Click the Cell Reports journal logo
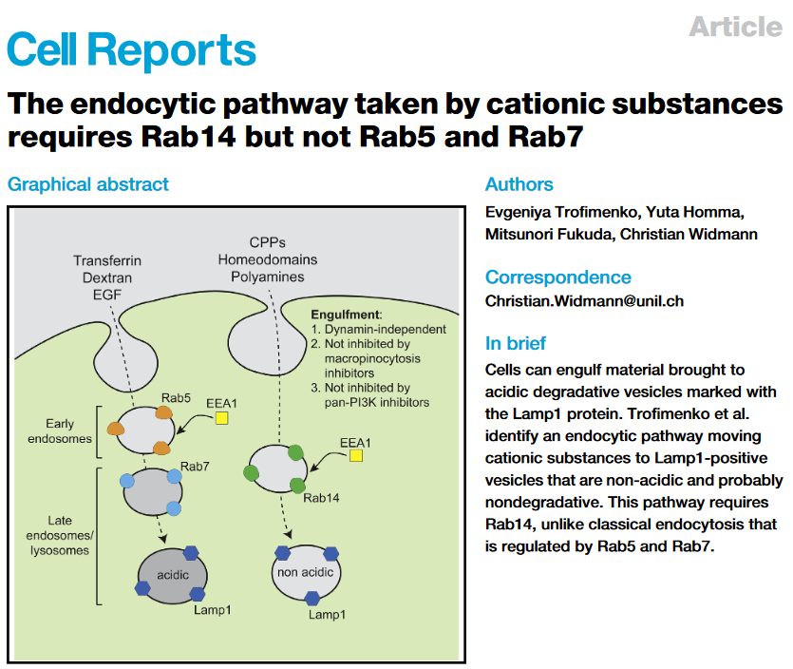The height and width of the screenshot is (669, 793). [131, 49]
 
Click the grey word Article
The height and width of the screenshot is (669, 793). [735, 27]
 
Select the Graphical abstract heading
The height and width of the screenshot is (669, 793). [88, 184]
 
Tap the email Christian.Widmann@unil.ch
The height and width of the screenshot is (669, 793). [584, 301]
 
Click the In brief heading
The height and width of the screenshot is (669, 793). [516, 343]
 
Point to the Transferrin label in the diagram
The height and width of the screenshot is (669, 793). [107, 260]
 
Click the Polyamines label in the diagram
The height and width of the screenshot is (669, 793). [268, 277]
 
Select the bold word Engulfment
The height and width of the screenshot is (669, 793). [346, 315]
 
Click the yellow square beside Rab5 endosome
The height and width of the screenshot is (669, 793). [221, 418]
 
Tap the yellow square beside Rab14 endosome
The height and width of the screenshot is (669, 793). [356, 456]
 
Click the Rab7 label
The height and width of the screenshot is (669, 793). [195, 466]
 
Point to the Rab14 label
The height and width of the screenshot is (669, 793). [321, 498]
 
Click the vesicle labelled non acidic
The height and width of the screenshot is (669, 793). [306, 573]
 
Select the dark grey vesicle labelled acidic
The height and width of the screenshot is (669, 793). [173, 576]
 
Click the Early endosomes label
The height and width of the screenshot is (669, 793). [60, 431]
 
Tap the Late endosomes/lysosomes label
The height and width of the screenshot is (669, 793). [60, 535]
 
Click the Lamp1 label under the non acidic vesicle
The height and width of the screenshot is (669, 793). [328, 614]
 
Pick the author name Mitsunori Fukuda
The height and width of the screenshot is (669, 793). [548, 235]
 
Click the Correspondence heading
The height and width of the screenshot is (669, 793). [558, 277]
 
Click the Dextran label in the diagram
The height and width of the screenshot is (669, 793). [107, 277]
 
